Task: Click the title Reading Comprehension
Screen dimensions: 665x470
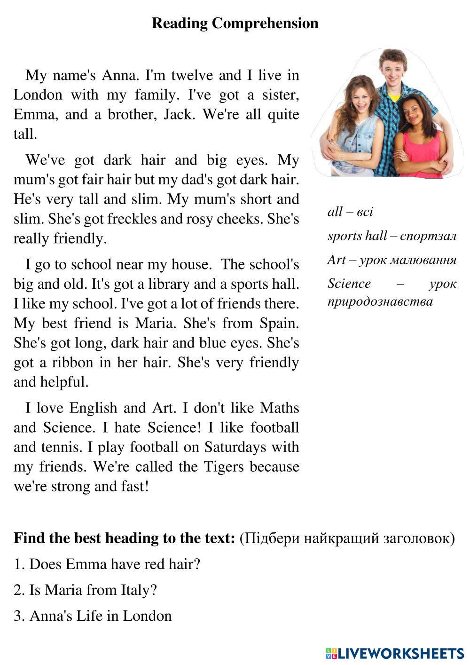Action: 235,23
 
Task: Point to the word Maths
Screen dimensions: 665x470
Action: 280,408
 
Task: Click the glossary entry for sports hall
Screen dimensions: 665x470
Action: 392,236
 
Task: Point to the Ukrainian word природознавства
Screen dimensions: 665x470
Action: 380,301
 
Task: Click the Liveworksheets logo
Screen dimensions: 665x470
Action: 395,653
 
